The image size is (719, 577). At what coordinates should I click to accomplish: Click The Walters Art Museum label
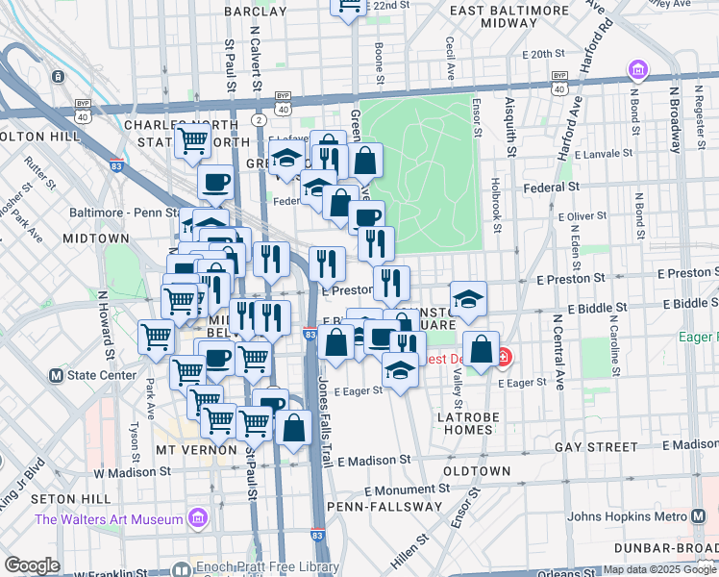coord(109,519)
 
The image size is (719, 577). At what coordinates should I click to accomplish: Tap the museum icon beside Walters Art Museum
coord(198,518)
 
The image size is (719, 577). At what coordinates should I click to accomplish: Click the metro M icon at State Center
coord(56,375)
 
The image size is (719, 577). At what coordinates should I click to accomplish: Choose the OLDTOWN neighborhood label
coord(477,471)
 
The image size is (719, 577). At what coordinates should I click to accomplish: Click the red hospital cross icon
coord(503,359)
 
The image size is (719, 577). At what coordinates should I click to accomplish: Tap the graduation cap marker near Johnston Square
coord(468,301)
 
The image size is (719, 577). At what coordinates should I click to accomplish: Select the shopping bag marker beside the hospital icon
coord(481,349)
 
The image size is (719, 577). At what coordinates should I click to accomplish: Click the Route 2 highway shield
coord(259,119)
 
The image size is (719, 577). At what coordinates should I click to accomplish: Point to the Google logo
coord(32,565)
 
